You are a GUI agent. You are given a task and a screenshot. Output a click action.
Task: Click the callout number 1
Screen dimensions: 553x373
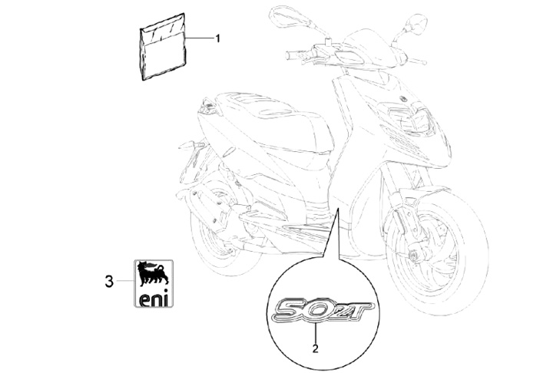[217, 38]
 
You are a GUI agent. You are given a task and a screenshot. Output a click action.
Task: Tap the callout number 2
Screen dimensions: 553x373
[316, 348]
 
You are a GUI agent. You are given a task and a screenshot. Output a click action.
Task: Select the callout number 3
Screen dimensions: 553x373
[110, 282]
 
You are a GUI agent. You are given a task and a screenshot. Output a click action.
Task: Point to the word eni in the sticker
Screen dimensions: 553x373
[154, 299]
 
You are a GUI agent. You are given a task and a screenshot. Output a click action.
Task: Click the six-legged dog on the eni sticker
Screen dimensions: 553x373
[153, 274]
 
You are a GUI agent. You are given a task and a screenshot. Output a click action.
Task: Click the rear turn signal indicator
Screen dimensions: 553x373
[191, 145]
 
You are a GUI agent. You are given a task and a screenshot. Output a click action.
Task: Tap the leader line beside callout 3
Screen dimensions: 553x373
[125, 281]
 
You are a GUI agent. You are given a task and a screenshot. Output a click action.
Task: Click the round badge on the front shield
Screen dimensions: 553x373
[402, 99]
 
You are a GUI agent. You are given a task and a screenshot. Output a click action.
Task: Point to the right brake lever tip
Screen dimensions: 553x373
[415, 62]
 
